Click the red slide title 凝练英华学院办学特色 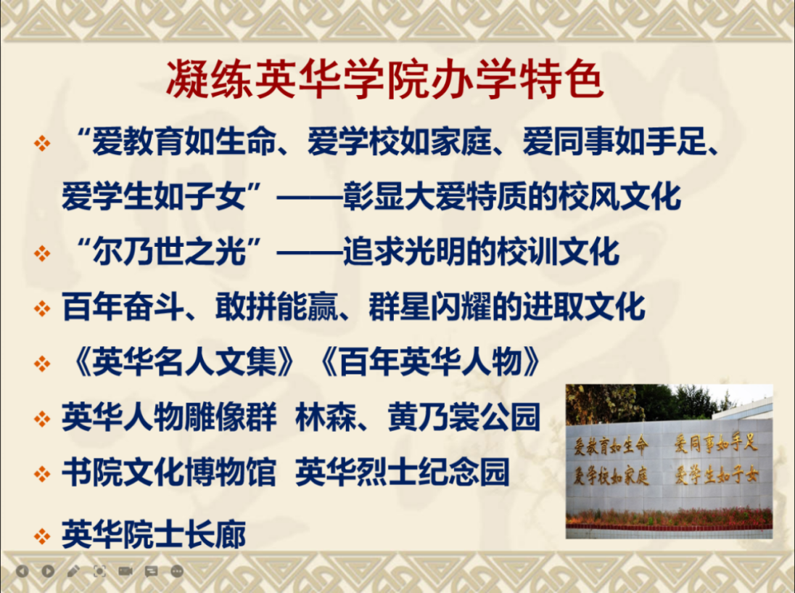pos(385,80)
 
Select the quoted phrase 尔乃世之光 pos(169,251)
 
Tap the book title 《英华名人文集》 pos(184,362)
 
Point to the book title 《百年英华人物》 pos(430,362)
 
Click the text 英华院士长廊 pos(154,534)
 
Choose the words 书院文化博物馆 pos(169,472)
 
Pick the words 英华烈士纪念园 pos(403,472)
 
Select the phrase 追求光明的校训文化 pos(481,251)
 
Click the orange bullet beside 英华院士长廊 pos(42,536)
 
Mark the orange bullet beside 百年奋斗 pos(42,308)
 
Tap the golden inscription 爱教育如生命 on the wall pos(611,446)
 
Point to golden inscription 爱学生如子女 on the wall pos(717,475)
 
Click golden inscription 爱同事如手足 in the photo pos(715,443)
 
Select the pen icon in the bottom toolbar pos(73,571)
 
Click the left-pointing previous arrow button pos(22,571)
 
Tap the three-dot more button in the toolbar pos(177,571)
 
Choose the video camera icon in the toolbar pos(125,571)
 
